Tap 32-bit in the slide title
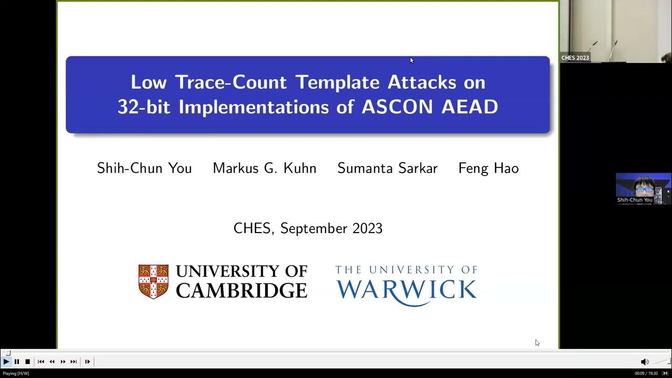tap(145, 107)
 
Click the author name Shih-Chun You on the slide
tap(144, 169)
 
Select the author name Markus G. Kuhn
tap(265, 169)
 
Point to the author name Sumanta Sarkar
tap(387, 169)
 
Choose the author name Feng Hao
tap(488, 169)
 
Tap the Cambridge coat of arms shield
tap(153, 281)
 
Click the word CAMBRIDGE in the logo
tap(241, 290)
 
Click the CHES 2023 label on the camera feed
tap(575, 58)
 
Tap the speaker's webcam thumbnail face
tap(644, 186)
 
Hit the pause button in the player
tap(17, 361)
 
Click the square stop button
tap(27, 361)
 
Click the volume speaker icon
tap(645, 362)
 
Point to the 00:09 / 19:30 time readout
tap(646, 373)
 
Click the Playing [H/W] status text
tap(16, 373)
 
